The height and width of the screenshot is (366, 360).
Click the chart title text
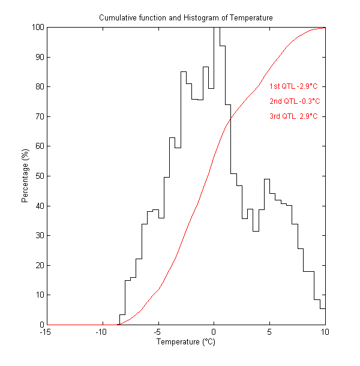185,18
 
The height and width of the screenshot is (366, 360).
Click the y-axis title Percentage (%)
25,176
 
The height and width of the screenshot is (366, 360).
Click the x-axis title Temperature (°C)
185,343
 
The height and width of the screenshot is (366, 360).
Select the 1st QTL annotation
293,86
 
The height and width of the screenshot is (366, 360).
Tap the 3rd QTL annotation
293,116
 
